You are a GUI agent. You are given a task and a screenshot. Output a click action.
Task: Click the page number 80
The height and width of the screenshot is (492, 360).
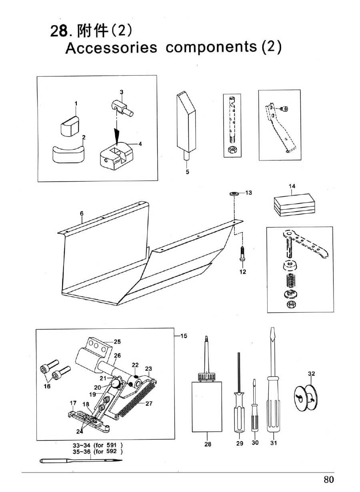pyautogui.click(x=329, y=479)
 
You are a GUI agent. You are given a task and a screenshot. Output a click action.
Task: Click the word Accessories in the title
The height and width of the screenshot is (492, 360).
pyautogui.click(x=111, y=48)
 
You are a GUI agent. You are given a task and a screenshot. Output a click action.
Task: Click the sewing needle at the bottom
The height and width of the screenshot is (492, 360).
pyautogui.click(x=80, y=461)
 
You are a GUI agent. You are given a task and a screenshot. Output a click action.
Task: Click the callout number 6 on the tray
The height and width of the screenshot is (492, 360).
pyautogui.click(x=82, y=214)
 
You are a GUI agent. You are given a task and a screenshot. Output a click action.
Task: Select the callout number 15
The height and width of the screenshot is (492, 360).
pyautogui.click(x=184, y=336)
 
